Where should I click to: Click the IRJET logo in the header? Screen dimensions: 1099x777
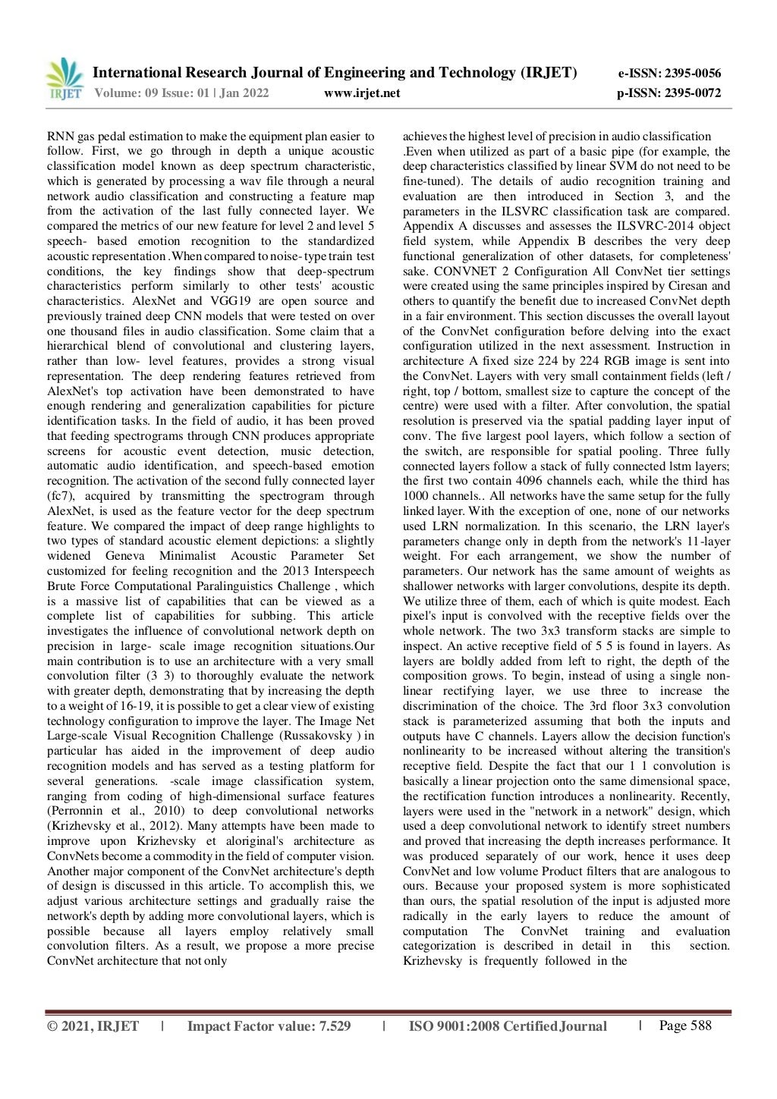[x=64, y=80]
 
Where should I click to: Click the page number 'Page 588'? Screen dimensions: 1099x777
[x=685, y=1025]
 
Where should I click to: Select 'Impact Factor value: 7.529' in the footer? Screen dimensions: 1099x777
[x=269, y=1026]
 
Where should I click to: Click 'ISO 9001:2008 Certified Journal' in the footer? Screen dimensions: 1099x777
[x=508, y=1026]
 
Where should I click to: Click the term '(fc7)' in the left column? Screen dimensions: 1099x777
[x=60, y=496]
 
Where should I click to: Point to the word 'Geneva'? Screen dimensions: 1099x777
[x=125, y=556]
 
